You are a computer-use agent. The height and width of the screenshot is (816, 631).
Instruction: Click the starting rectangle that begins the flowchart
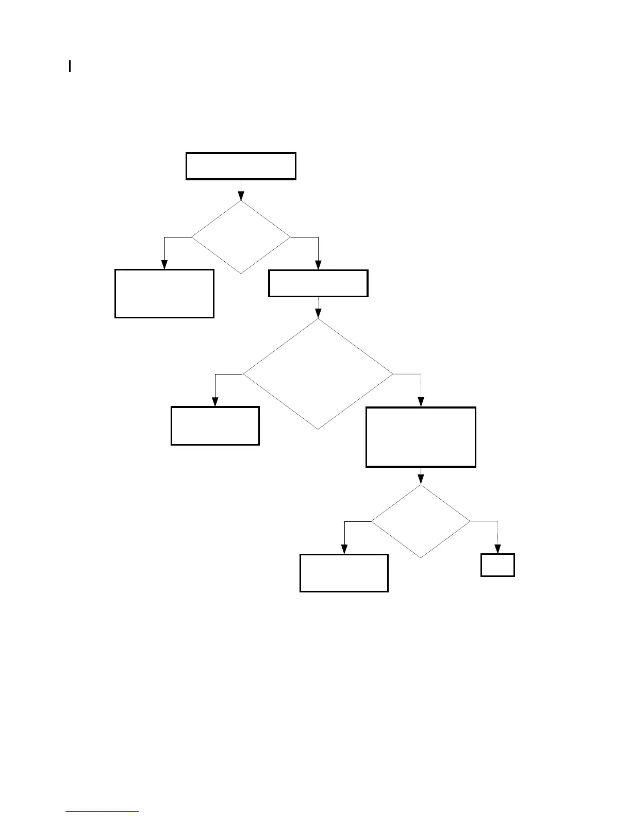coord(241,166)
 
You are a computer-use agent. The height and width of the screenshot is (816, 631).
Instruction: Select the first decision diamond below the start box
coord(241,237)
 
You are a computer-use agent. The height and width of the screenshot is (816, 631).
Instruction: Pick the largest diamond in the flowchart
coord(318,374)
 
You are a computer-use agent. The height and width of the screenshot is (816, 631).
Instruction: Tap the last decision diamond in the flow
coord(421,521)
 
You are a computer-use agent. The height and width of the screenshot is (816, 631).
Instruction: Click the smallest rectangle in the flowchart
coord(497,565)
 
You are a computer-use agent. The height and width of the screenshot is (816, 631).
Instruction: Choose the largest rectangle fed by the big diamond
coord(421,437)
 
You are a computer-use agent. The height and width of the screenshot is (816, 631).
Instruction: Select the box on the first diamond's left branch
coord(164,293)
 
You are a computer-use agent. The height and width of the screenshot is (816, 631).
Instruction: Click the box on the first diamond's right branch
coord(318,283)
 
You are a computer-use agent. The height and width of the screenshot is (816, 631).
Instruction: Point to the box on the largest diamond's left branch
coord(215,426)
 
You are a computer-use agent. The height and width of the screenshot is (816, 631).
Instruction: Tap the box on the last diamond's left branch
coord(344,573)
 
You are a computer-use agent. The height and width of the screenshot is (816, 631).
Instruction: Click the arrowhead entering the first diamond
coord(241,196)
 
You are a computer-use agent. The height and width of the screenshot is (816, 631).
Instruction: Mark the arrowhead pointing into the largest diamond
coord(318,314)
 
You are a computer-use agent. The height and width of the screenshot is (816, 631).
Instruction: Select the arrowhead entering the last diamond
coord(421,480)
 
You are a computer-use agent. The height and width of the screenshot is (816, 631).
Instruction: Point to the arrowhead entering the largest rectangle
coord(421,402)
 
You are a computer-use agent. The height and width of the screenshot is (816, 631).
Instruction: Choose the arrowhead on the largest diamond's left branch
coord(215,402)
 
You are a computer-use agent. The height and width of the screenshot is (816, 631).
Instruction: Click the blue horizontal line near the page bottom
coord(102,812)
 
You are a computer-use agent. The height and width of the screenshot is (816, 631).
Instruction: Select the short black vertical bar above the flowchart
coord(70,66)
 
